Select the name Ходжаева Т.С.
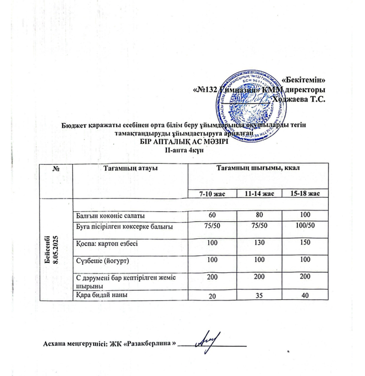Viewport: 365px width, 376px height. [x=299, y=99]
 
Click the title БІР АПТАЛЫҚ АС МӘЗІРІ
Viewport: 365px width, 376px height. [x=184, y=143]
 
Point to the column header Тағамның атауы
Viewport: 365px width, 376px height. [x=130, y=169]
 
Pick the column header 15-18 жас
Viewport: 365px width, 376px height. [x=305, y=193]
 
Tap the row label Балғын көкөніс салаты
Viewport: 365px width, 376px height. [x=106, y=216]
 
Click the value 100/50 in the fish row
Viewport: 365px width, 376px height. [x=305, y=226]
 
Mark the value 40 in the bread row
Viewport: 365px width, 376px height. [x=305, y=296]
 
